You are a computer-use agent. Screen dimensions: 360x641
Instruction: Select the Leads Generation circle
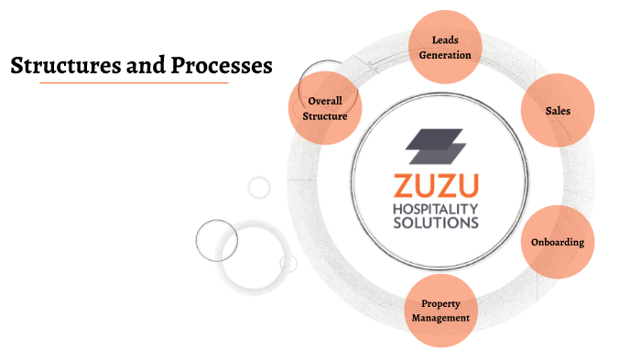coord(445,48)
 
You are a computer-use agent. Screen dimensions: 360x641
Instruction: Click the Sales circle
coord(558,111)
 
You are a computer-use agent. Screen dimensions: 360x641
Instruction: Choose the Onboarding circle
coord(558,243)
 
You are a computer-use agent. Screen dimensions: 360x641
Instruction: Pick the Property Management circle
coord(440,311)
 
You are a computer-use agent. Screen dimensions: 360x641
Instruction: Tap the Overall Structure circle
coord(325,108)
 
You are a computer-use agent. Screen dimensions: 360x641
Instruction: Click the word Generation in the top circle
coord(445,55)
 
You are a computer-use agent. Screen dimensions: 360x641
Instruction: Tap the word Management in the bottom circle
coord(440,318)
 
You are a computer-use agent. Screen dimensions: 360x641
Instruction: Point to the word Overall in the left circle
coord(325,101)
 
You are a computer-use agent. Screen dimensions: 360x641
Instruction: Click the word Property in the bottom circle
coord(440,303)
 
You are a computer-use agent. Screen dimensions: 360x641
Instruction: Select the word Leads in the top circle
coord(445,40)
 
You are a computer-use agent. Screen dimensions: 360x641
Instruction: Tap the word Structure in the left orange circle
coord(325,116)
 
